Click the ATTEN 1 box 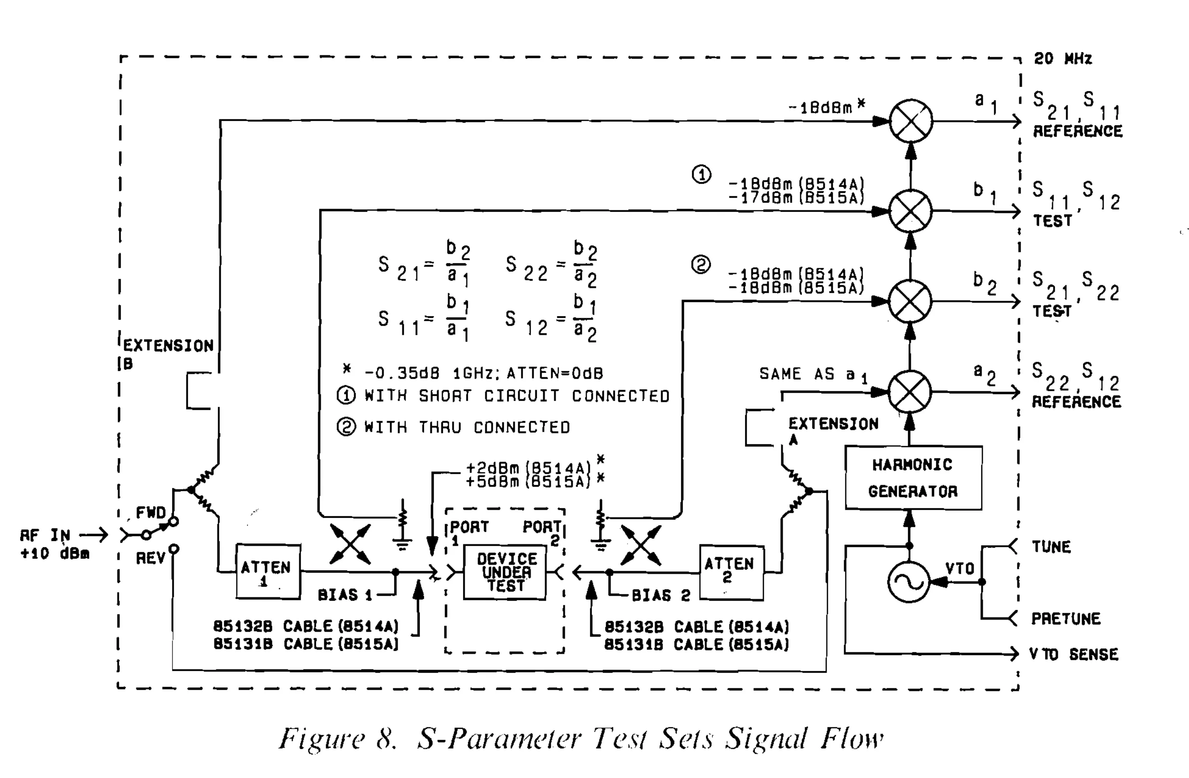268,571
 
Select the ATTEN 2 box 732,572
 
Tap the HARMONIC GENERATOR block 913,478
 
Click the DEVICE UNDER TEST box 505,572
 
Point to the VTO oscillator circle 908,582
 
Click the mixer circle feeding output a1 911,121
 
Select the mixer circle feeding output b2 910,301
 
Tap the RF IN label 45,535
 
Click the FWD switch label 150,513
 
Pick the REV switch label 150,558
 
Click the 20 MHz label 1063,58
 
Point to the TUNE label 1051,547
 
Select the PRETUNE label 1066,619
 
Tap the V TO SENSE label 1073,654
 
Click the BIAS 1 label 345,595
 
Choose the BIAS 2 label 660,595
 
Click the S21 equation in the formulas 424,263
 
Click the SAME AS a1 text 814,374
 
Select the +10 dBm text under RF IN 55,554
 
